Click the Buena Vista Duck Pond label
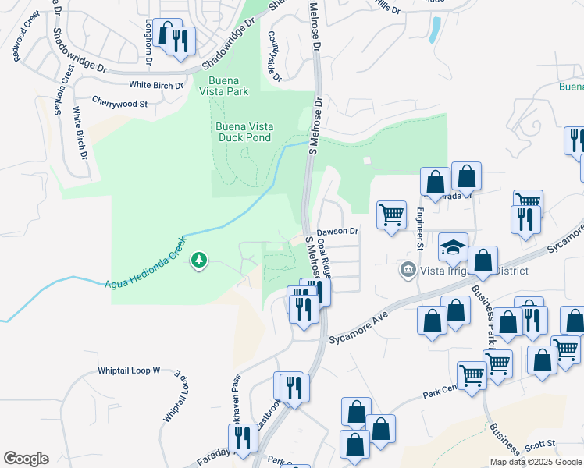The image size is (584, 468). coord(242,132)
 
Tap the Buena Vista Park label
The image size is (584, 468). coord(237,86)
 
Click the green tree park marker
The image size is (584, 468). coord(199,259)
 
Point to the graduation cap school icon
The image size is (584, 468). coord(453,247)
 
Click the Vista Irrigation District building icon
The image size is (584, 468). coord(408,270)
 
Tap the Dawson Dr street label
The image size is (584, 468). coord(337,231)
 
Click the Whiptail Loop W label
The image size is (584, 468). coord(129,371)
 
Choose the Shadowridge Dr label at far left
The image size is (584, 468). coord(80,54)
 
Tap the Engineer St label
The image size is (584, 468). coord(420,229)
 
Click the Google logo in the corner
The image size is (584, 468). coord(26,458)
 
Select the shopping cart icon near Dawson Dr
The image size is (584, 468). coord(390,214)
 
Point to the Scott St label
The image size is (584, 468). coord(539,444)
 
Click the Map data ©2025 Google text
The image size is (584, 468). coord(536,462)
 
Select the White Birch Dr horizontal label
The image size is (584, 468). coord(156,85)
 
